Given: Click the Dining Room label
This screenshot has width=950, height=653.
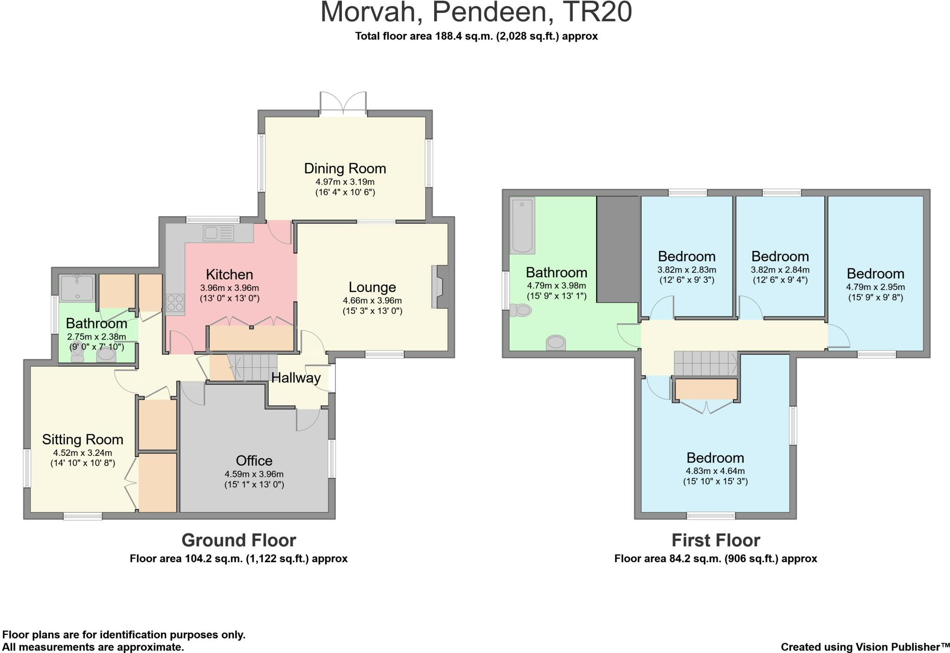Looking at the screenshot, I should click(345, 168).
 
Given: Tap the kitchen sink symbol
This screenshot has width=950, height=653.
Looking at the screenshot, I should click(218, 233).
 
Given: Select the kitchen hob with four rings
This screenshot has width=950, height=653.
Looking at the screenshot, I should click(175, 302).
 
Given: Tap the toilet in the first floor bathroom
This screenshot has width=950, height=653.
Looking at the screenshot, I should click(520, 310).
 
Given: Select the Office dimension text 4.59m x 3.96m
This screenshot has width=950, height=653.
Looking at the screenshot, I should click(254, 474).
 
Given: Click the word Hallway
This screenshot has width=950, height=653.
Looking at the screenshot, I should click(295, 378).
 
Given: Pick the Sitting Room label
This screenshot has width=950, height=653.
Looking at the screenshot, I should click(83, 439).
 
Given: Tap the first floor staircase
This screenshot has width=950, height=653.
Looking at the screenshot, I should click(705, 363).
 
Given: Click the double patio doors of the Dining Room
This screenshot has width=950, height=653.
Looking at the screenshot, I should click(343, 103).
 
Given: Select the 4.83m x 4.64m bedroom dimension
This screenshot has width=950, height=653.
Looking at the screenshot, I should click(715, 471).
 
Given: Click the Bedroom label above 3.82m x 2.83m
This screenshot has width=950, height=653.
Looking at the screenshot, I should click(687, 256).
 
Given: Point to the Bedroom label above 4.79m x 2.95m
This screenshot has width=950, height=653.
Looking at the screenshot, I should click(875, 274).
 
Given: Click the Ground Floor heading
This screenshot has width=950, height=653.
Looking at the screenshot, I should click(238, 540).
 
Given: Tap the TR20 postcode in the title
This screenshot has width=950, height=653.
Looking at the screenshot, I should click(597, 12).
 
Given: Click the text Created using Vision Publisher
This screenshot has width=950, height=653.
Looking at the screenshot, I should click(865, 647).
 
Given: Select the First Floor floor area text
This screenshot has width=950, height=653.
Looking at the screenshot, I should click(715, 558).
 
